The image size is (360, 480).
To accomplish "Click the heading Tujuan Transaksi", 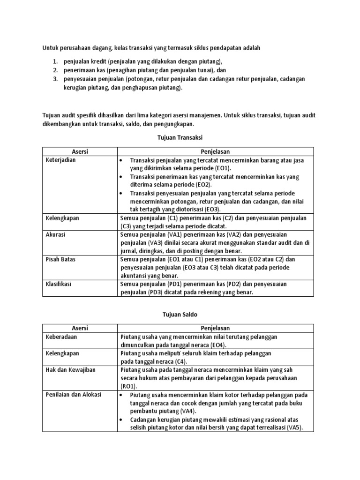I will click(180, 137).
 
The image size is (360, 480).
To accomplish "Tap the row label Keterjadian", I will click(60, 160).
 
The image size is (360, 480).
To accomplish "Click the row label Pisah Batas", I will click(60, 259).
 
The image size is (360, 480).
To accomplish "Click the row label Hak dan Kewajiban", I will click(70, 370).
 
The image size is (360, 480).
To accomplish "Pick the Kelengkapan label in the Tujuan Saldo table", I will click(62, 353).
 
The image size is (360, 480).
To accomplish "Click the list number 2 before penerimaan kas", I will click(54, 70).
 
